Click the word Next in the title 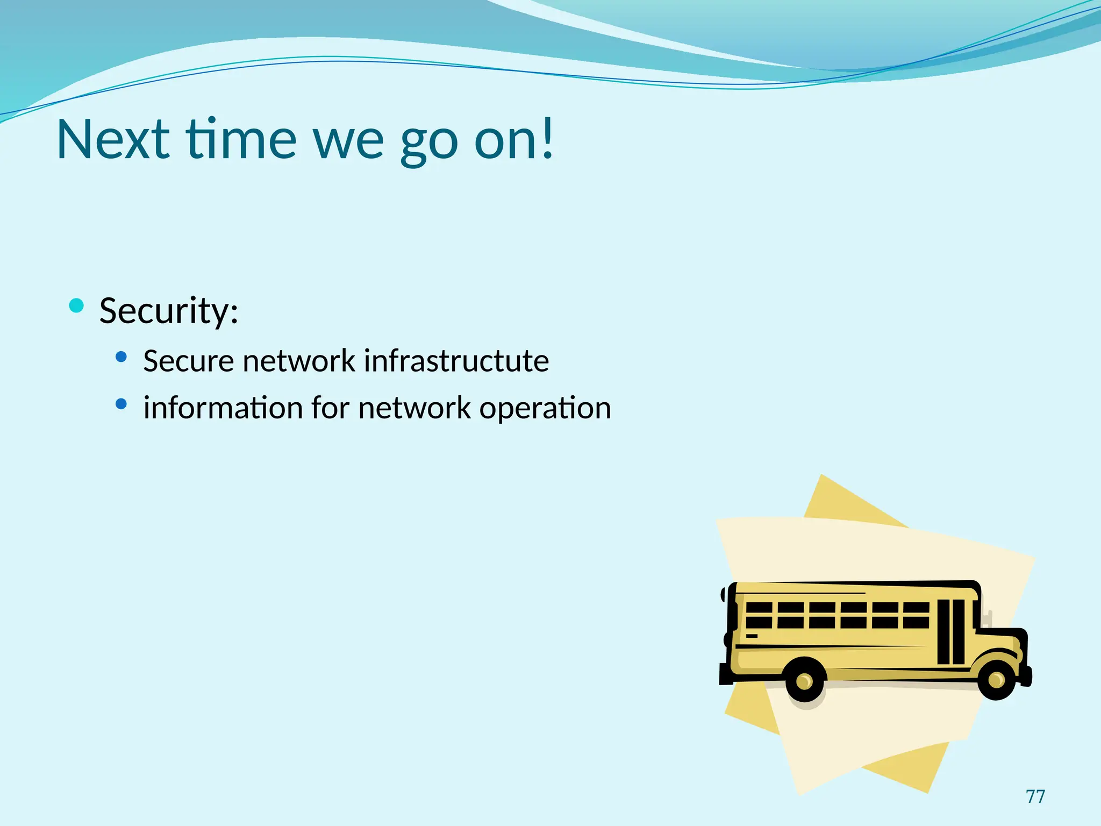(113, 139)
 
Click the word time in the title (241, 139)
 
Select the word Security (168, 311)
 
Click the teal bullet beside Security (77, 306)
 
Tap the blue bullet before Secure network (121, 357)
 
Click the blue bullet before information (121, 404)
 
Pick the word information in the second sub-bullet (223, 408)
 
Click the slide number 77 (1035, 796)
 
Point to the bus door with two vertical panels (951, 632)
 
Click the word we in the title (349, 141)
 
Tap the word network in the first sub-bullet (299, 361)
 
